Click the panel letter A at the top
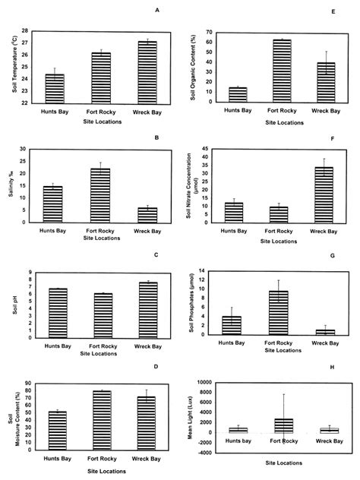coord(156,10)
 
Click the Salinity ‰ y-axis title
coord(13,185)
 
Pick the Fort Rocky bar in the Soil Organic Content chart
coord(282,70)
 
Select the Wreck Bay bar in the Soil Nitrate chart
coord(324,194)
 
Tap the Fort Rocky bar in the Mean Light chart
coord(282,425)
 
